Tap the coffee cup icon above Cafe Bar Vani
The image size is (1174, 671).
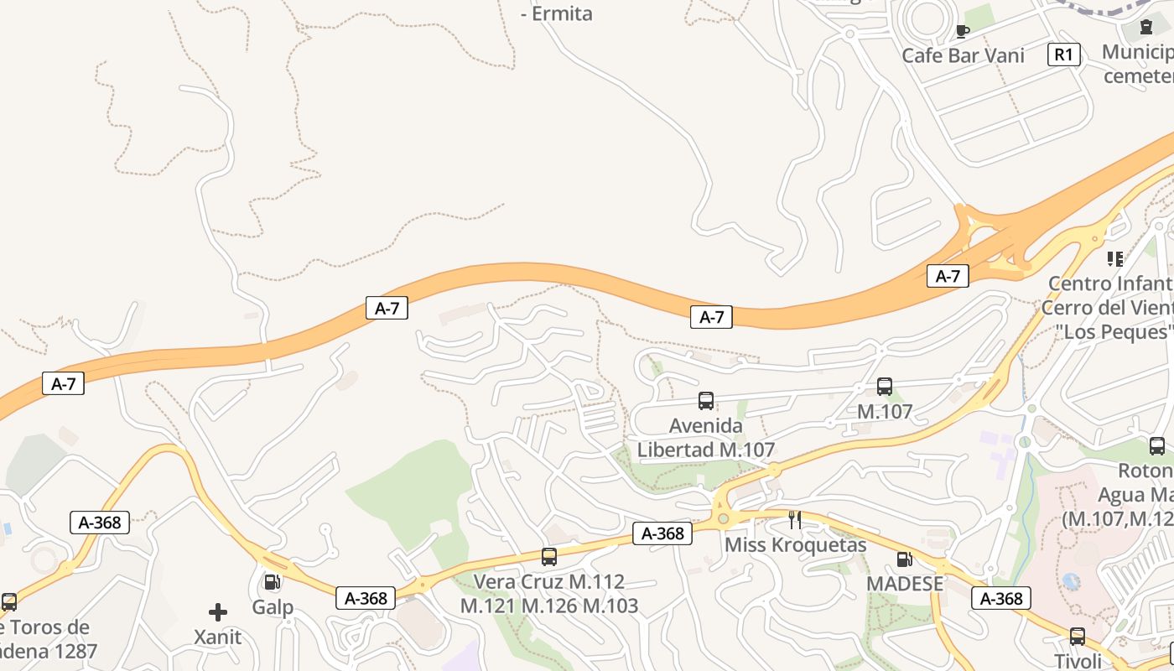(x=962, y=32)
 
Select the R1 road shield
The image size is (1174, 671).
(x=1062, y=55)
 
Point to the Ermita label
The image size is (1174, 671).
(x=557, y=13)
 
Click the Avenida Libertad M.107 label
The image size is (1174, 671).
(x=706, y=438)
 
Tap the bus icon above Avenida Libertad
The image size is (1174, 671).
(x=706, y=401)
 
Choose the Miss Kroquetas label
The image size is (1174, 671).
(x=795, y=545)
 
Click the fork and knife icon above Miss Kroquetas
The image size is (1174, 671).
(x=795, y=520)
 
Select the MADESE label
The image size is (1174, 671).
(x=905, y=584)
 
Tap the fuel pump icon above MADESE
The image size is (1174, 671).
(x=904, y=559)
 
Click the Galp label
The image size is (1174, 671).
(x=273, y=607)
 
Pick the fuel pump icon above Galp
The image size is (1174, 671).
(x=272, y=581)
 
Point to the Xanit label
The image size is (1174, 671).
(x=218, y=637)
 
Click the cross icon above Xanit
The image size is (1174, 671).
(x=218, y=612)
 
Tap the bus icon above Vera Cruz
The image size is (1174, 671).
(x=549, y=556)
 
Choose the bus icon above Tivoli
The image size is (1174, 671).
(x=1078, y=637)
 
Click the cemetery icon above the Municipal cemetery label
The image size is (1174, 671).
(x=1145, y=28)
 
